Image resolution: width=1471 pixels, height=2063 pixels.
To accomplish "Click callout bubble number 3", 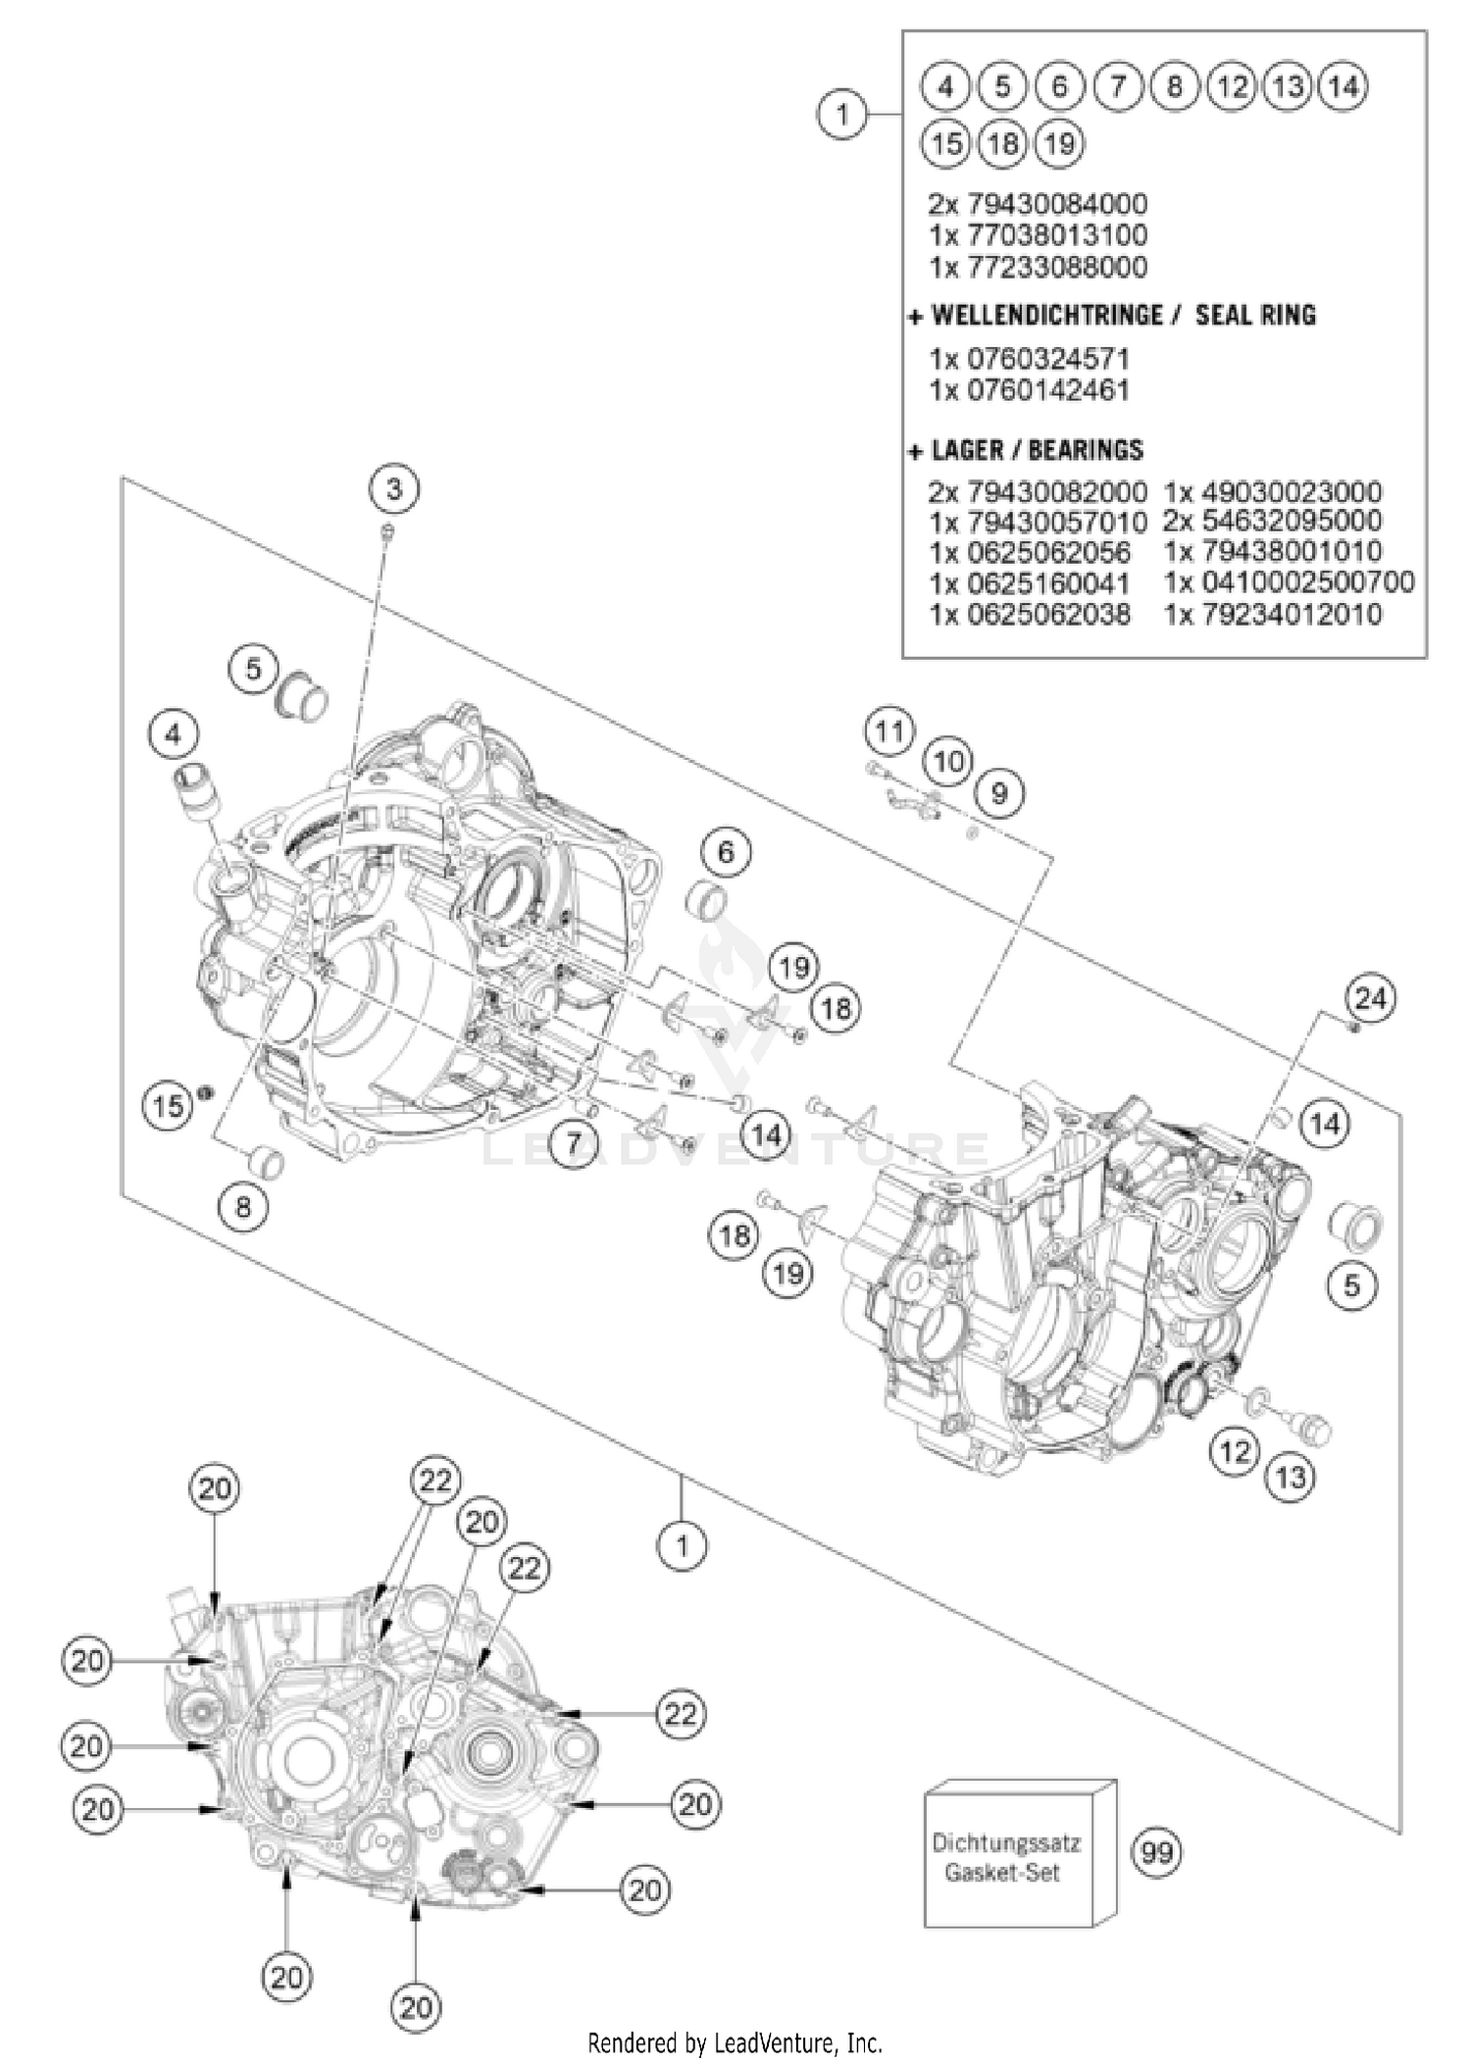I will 394,488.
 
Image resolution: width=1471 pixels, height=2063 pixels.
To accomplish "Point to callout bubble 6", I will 726,851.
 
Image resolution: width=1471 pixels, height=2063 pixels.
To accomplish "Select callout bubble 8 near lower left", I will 242,1207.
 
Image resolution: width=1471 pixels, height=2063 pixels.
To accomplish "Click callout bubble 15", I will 168,1106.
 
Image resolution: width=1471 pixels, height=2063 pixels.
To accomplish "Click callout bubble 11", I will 889,731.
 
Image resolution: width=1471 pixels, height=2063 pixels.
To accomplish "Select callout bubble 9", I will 998,792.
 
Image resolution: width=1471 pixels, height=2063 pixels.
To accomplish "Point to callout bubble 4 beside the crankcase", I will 174,733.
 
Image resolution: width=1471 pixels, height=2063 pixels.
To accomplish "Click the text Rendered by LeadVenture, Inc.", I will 735,2043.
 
